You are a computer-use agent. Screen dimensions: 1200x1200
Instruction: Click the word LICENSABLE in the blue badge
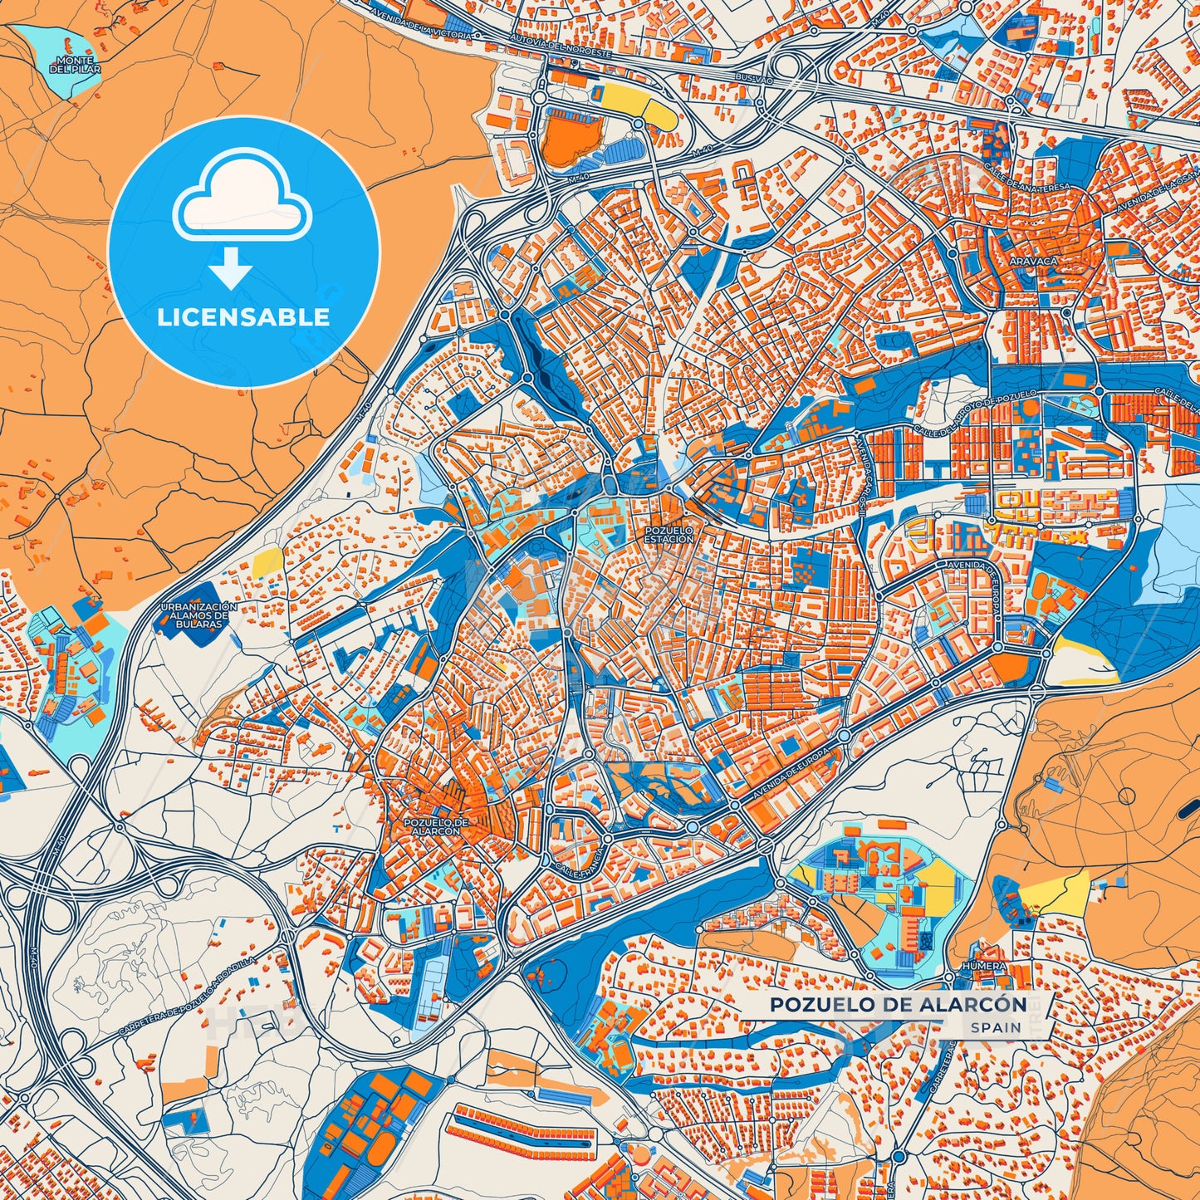tap(243, 317)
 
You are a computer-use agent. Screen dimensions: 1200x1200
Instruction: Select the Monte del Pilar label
tap(75, 66)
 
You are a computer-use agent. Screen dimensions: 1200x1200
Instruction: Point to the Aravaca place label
tap(1033, 261)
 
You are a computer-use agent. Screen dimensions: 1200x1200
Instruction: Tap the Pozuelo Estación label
tap(669, 534)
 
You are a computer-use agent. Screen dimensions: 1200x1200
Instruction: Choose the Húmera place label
tap(983, 967)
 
